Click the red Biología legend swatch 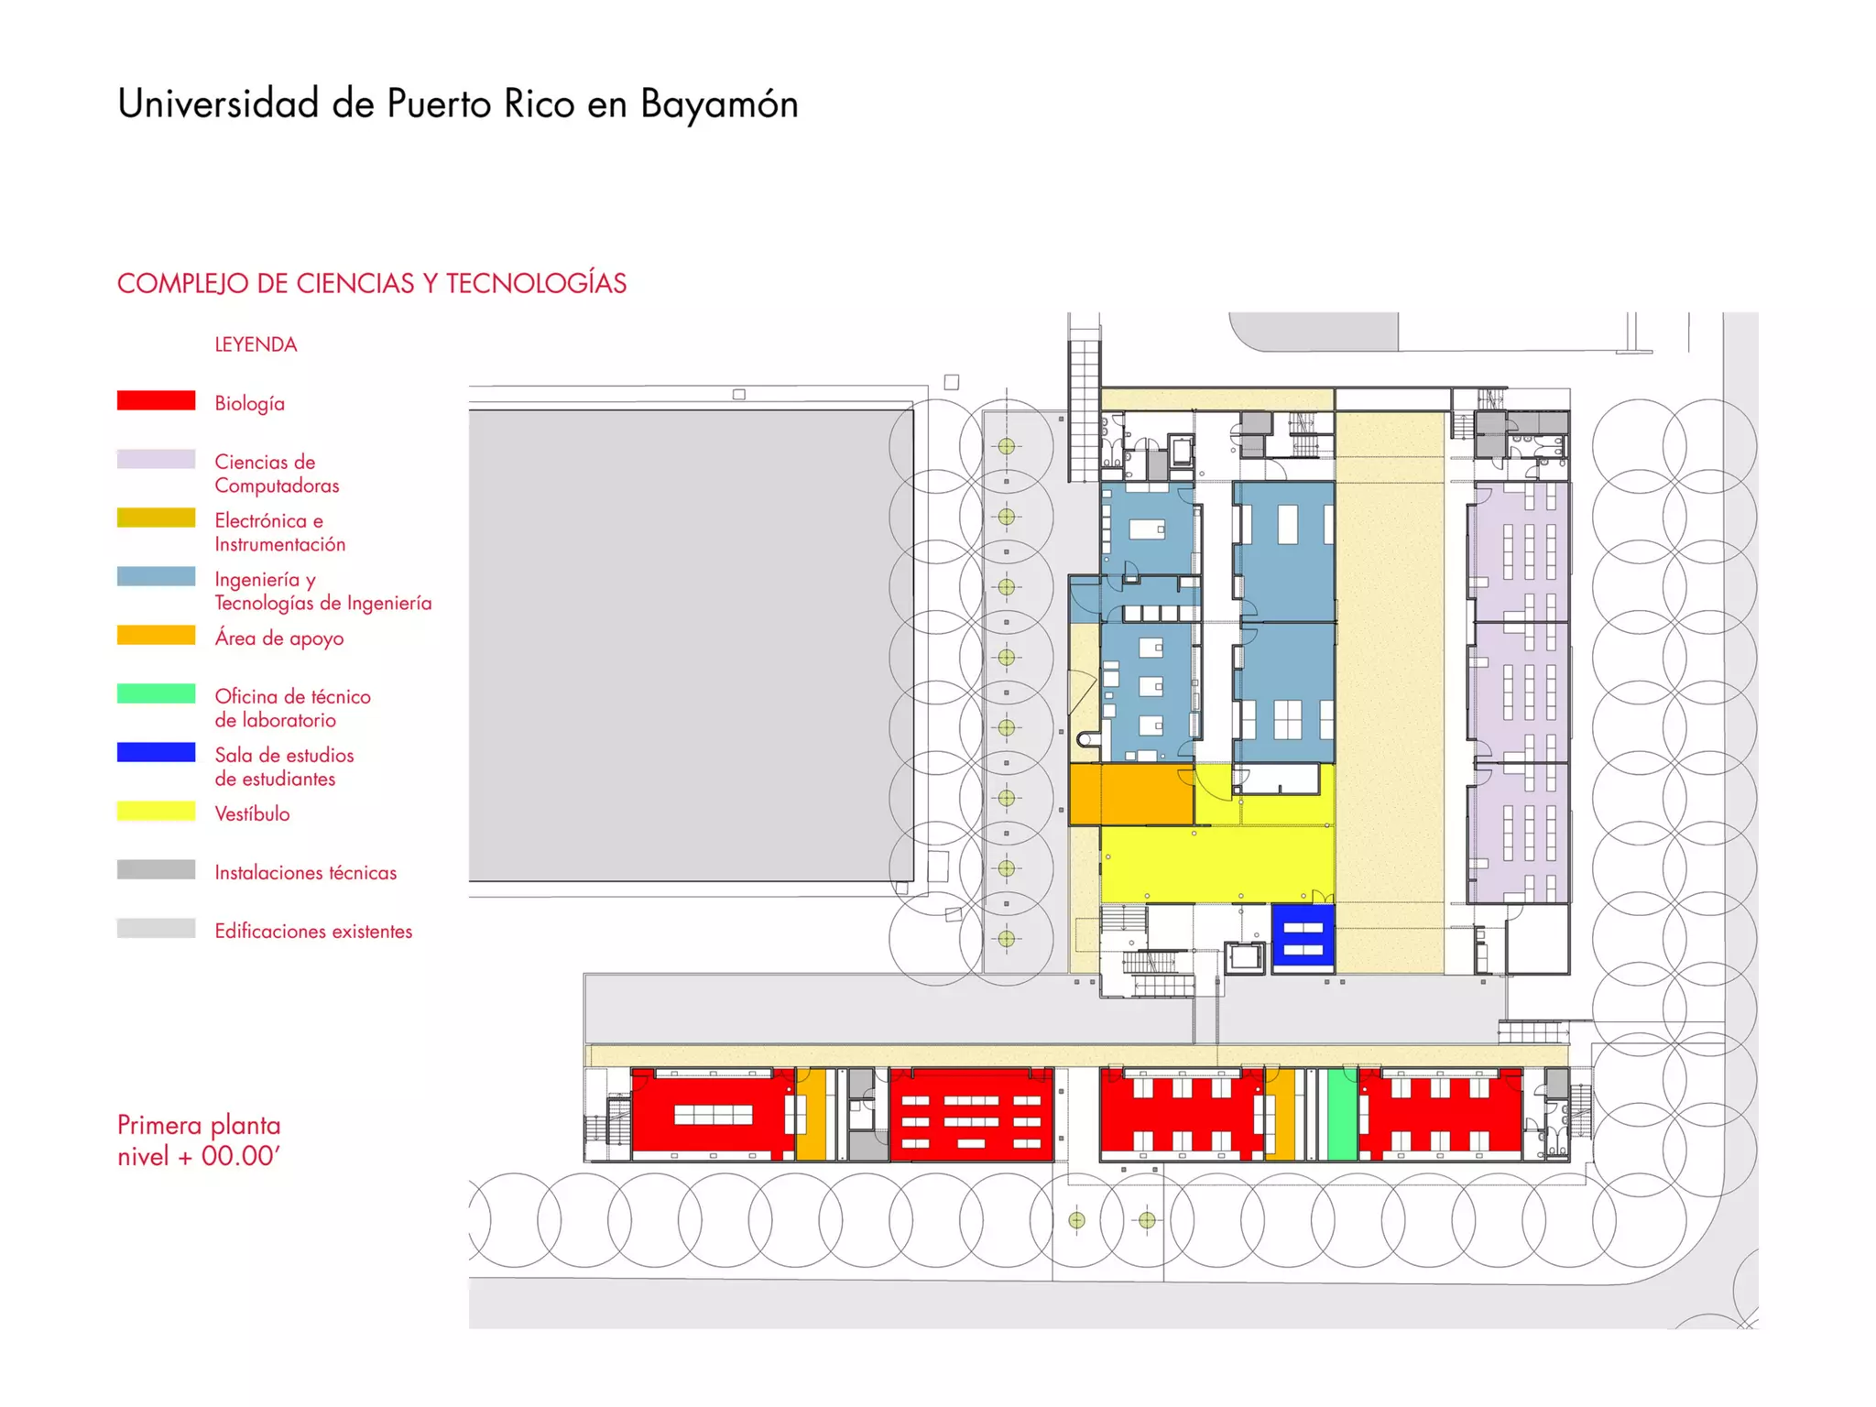pyautogui.click(x=156, y=400)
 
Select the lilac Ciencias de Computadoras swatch pyautogui.click(x=156, y=459)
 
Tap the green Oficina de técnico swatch pyautogui.click(x=156, y=693)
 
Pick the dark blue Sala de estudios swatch pyautogui.click(x=156, y=752)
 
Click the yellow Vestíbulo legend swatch pyautogui.click(x=156, y=811)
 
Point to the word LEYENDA pyautogui.click(x=256, y=344)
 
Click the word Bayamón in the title pyautogui.click(x=719, y=104)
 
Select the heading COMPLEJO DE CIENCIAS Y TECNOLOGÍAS pyautogui.click(x=372, y=283)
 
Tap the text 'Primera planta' pyautogui.click(x=199, y=1125)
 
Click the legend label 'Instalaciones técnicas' pyautogui.click(x=306, y=872)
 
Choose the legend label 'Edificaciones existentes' pyautogui.click(x=313, y=931)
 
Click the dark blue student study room pyautogui.click(x=1303, y=937)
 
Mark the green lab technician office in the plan pyautogui.click(x=1342, y=1114)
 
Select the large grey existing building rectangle pyautogui.click(x=692, y=646)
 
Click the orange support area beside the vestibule pyautogui.click(x=1131, y=794)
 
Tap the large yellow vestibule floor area pyautogui.click(x=1216, y=861)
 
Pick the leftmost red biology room pyautogui.click(x=713, y=1114)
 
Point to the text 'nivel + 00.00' pyautogui.click(x=198, y=1156)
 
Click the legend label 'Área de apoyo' pyautogui.click(x=279, y=638)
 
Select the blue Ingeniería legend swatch pyautogui.click(x=156, y=576)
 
